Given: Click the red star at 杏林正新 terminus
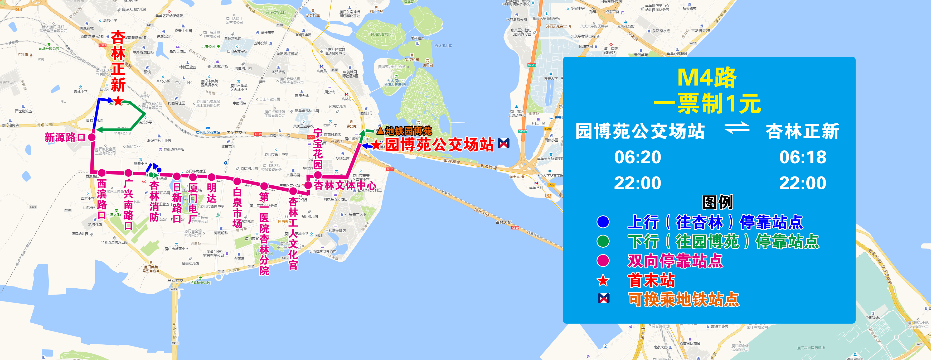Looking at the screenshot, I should (x=118, y=101).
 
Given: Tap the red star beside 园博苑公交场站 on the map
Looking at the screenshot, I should (x=376, y=145).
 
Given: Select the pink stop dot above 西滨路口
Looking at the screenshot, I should (x=102, y=173).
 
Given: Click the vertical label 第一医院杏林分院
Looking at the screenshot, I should (x=264, y=233).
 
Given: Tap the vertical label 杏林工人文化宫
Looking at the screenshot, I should (x=293, y=233).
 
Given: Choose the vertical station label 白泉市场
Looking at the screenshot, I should (x=237, y=208).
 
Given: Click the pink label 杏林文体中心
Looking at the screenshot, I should (x=345, y=185).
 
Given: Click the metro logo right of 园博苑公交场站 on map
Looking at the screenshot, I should (x=503, y=143).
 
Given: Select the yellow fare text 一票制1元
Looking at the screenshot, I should (x=707, y=104).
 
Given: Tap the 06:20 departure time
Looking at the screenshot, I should (x=638, y=157).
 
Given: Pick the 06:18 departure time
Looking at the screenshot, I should (x=803, y=157).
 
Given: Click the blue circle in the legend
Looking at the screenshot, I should (x=603, y=222).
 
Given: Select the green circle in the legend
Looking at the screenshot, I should (x=603, y=241).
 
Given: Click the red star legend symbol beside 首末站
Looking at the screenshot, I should (x=603, y=280).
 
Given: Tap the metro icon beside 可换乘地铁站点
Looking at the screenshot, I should (x=604, y=299).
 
